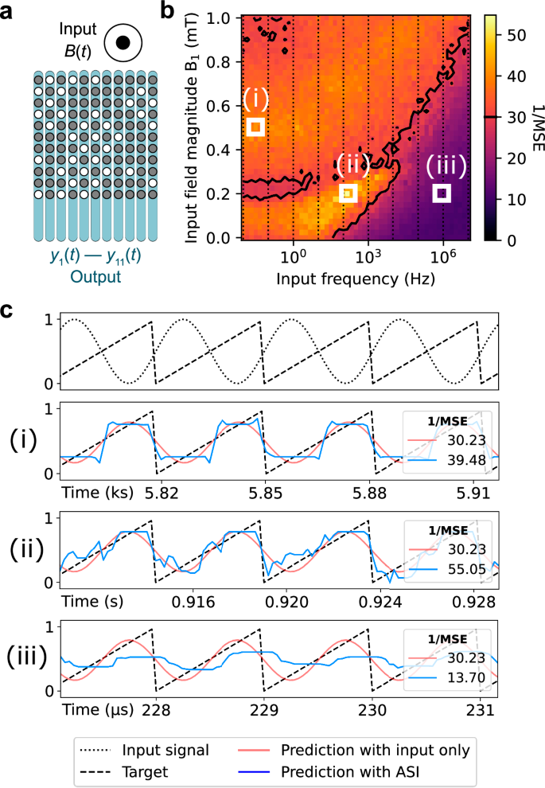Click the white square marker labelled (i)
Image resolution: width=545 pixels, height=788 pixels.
coord(255,127)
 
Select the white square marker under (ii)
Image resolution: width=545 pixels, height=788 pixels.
coord(348,193)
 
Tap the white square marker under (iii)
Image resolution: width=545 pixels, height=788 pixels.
coord(442,193)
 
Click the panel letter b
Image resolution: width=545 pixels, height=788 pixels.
coord(168,11)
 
